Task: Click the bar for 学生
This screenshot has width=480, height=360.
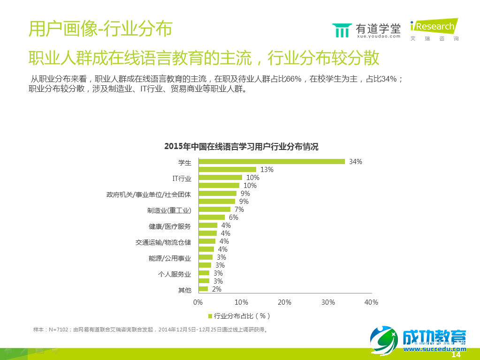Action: [272, 162]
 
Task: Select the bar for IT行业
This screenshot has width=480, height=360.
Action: [220, 178]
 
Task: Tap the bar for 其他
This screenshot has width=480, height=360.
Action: [203, 289]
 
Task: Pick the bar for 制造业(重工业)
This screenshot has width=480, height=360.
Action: [214, 210]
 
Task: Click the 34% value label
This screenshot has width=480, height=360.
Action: [356, 162]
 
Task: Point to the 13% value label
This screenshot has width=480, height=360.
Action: [267, 170]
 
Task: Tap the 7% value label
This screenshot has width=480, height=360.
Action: [239, 210]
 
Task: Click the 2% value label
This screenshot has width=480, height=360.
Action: [216, 289]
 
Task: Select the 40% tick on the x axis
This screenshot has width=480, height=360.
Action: [371, 302]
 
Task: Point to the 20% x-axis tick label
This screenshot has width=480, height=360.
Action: [285, 302]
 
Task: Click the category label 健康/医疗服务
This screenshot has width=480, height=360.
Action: [170, 226]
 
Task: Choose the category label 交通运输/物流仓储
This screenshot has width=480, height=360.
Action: [163, 242]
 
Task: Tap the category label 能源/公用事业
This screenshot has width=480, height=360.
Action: [170, 258]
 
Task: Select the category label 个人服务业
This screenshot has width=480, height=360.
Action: [175, 274]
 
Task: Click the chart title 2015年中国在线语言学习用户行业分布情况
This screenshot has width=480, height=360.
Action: [241, 147]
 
